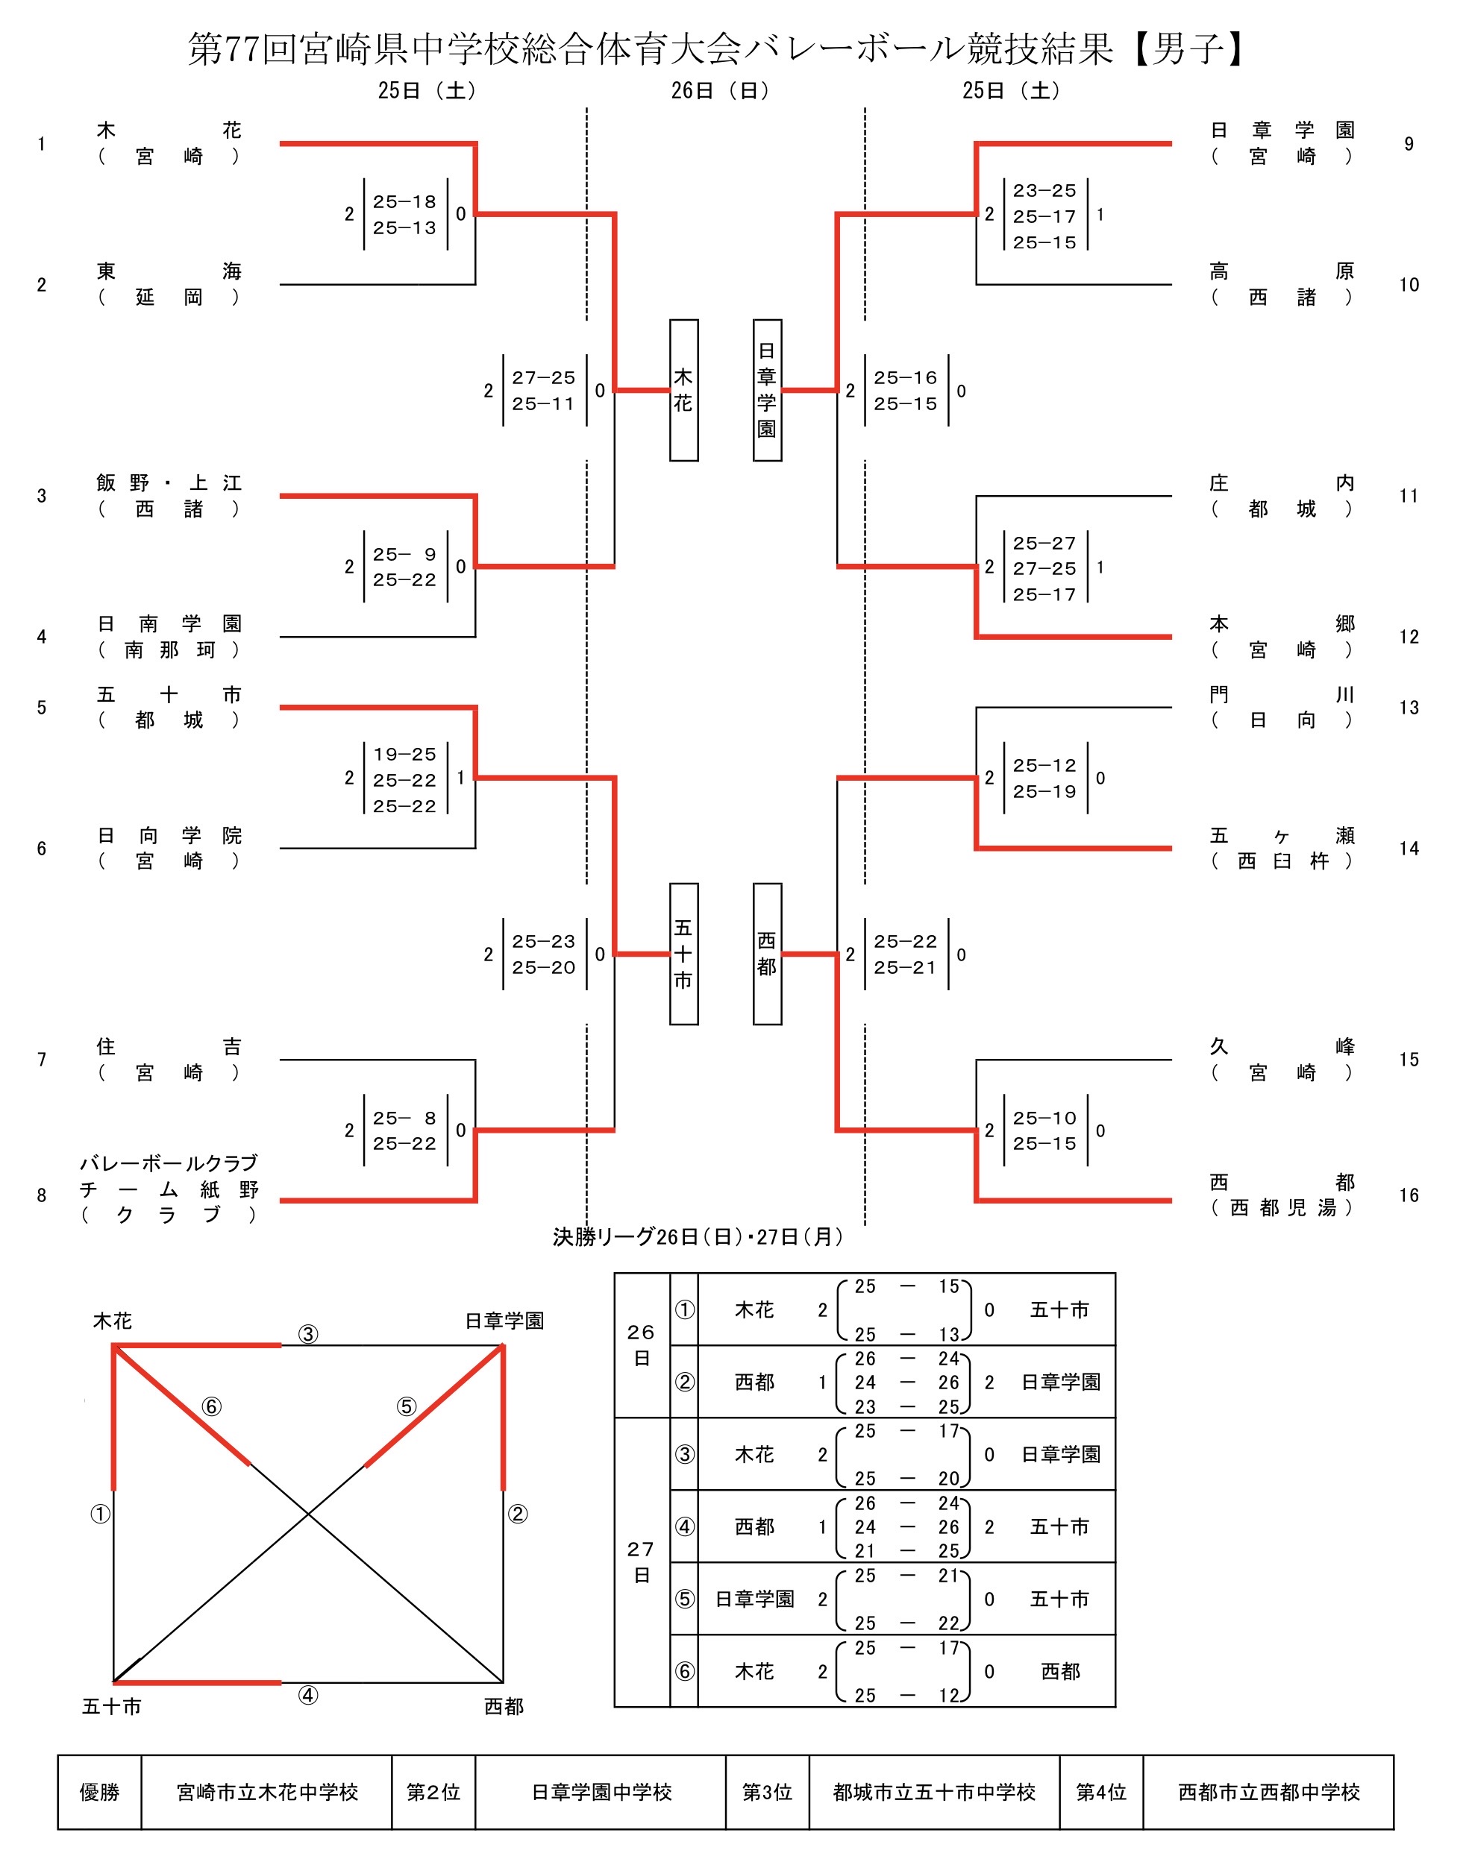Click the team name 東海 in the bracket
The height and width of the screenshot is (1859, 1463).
[x=169, y=271]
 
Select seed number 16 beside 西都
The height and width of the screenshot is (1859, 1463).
[x=1409, y=1195]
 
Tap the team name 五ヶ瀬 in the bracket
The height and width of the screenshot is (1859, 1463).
[x=1282, y=835]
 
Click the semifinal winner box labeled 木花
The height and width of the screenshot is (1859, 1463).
[x=683, y=391]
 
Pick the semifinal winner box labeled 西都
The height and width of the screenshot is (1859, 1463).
[x=768, y=954]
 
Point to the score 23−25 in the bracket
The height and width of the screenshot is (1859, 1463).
[x=1044, y=191]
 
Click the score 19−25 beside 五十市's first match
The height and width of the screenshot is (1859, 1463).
[x=404, y=755]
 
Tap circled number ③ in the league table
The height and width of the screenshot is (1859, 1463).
[x=684, y=1454]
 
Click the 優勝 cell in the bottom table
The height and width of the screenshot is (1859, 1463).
[x=99, y=1791]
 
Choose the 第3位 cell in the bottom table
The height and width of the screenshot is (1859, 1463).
[x=768, y=1791]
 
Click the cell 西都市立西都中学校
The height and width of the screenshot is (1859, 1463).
[x=1268, y=1791]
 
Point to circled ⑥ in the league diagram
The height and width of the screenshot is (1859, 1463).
[x=212, y=1406]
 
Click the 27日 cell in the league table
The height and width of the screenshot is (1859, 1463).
[x=642, y=1562]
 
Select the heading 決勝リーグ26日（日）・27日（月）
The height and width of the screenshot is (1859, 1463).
[x=698, y=1236]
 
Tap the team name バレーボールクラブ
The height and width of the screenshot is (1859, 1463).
[x=169, y=1163]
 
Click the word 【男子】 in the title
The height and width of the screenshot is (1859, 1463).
[x=1187, y=48]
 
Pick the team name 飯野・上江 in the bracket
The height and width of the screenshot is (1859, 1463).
[x=169, y=483]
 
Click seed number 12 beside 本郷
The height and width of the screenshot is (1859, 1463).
[x=1409, y=637]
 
